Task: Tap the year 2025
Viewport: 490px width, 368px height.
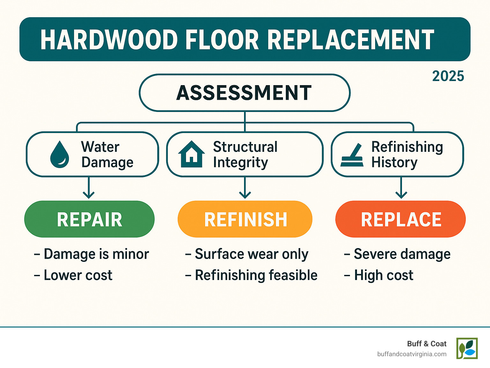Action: [448, 76]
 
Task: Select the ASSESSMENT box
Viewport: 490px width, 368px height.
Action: [244, 93]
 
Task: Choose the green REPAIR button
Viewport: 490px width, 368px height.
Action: [89, 219]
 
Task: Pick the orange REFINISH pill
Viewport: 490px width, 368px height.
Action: [245, 219]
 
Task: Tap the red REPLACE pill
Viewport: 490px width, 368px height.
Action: [401, 219]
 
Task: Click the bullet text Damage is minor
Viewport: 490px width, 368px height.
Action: [92, 254]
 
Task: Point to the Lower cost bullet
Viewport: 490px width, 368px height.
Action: [73, 276]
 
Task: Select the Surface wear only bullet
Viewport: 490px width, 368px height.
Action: [247, 254]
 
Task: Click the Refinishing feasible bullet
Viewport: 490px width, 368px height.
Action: [251, 276]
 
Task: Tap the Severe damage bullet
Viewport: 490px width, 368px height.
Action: [397, 254]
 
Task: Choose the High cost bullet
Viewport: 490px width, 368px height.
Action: [379, 276]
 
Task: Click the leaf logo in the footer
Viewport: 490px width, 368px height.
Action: [467, 349]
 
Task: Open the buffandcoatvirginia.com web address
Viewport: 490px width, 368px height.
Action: [412, 354]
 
